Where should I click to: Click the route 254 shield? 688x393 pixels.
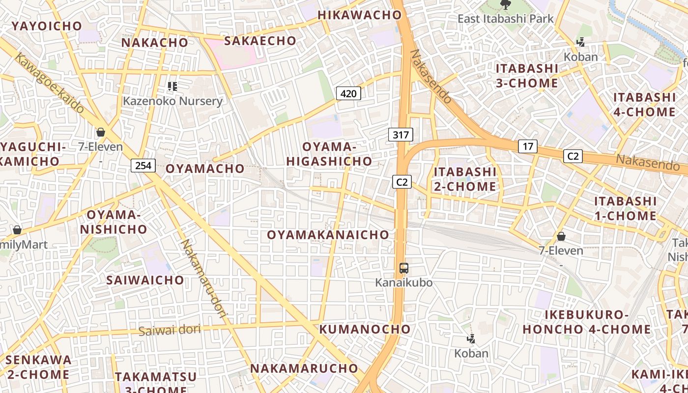[143, 166]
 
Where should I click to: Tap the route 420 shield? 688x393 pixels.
[348, 93]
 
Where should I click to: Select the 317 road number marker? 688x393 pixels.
[401, 135]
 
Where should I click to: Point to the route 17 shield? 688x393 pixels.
[527, 146]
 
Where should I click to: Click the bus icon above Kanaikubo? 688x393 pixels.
[403, 268]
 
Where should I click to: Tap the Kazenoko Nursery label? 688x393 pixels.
[172, 101]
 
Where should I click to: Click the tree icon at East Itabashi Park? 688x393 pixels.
[505, 5]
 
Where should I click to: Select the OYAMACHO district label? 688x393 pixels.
[205, 168]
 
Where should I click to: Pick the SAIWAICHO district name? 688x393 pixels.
[145, 280]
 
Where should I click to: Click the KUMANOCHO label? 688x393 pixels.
[365, 329]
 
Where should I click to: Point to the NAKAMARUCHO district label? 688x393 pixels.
[304, 368]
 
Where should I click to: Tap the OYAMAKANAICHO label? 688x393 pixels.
[328, 235]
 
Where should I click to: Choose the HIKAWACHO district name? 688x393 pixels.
[360, 15]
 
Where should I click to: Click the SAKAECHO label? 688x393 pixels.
[260, 41]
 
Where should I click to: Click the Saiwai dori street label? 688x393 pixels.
[170, 330]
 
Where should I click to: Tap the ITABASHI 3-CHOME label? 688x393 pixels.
[527, 76]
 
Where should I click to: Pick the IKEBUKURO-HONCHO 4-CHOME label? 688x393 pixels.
[587, 322]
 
